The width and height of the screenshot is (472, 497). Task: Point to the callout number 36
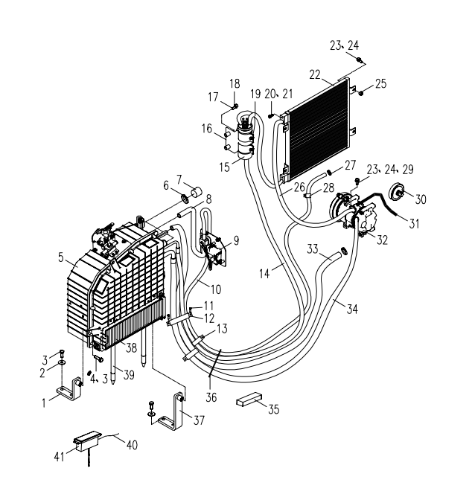click(213, 397)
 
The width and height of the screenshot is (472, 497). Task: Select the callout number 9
click(235, 240)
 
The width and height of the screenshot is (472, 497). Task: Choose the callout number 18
click(235, 83)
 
